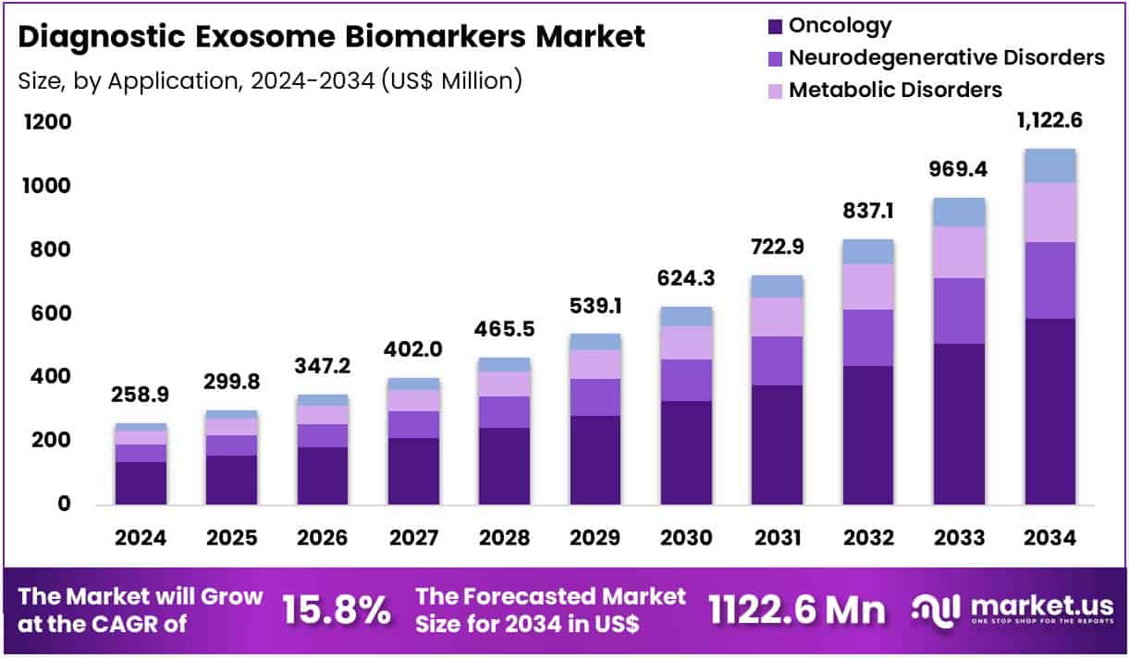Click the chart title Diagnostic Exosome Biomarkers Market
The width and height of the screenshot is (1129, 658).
[331, 36]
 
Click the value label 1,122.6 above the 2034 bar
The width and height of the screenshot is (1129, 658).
[1049, 119]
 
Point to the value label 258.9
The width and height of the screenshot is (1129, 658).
[141, 395]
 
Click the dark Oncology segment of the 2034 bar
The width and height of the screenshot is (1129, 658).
[1049, 411]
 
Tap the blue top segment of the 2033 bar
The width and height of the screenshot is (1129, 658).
[959, 212]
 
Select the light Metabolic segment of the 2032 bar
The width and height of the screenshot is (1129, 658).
[868, 286]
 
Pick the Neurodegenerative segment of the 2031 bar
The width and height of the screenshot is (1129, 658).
[778, 360]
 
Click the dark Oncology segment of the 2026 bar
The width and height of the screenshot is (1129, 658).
[323, 476]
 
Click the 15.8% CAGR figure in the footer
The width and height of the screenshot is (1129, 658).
[336, 610]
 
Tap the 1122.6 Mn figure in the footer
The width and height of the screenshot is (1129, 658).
[796, 610]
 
